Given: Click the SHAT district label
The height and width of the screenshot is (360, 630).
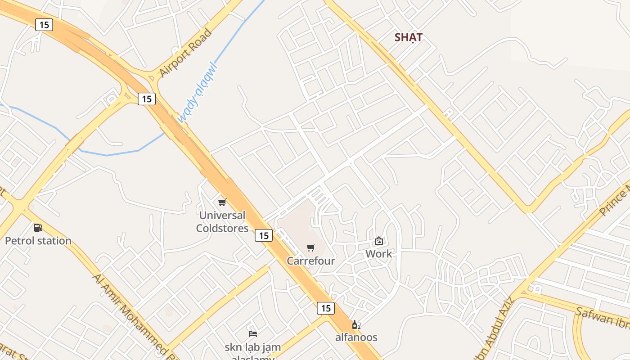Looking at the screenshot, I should (x=408, y=37).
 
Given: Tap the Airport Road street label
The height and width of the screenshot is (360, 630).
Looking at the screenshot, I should (x=185, y=53).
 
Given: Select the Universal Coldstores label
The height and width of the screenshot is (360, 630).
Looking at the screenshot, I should (x=222, y=222).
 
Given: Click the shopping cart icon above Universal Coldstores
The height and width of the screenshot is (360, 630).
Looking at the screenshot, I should (x=222, y=202).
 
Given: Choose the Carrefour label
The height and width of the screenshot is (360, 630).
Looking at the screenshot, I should (x=311, y=261).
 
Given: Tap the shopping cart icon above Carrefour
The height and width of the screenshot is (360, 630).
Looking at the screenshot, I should (x=311, y=248).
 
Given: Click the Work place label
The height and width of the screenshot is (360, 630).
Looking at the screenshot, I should (x=378, y=254).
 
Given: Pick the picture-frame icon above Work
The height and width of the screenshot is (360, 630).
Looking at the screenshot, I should (x=379, y=241).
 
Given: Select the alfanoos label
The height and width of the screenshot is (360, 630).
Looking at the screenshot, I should (x=356, y=337).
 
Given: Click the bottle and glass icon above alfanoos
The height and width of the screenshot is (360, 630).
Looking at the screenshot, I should (x=356, y=324).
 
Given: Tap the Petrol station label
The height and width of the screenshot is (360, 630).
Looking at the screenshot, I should (x=38, y=241).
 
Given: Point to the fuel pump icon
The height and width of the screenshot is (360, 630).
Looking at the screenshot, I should (x=38, y=228).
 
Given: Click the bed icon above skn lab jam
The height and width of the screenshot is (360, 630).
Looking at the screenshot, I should (x=253, y=334).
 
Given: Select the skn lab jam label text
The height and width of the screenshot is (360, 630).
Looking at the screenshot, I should (x=253, y=347).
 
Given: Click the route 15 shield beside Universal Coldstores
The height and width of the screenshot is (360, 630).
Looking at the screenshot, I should (x=264, y=235).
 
